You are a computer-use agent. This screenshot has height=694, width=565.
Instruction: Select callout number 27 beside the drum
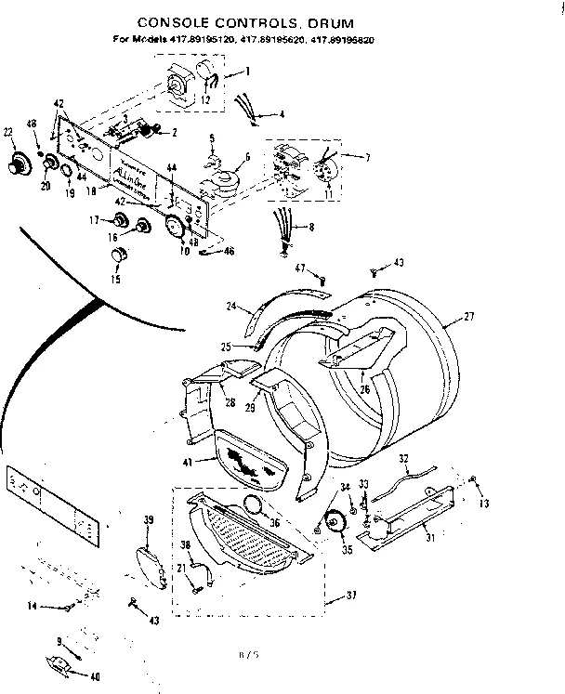(x=469, y=317)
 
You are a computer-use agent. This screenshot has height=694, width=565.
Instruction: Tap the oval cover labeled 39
(x=147, y=563)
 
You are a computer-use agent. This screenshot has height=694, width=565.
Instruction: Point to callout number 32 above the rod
(x=404, y=458)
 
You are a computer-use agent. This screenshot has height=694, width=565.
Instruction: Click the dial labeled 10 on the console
(x=173, y=227)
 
